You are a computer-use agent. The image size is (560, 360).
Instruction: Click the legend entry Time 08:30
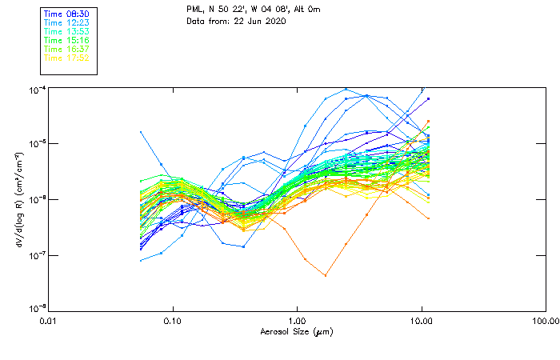point(66,14)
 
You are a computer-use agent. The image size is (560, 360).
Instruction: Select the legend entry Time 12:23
point(66,23)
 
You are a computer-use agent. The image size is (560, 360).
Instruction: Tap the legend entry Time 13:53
point(66,32)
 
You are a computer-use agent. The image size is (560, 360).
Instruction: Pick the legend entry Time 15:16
point(66,40)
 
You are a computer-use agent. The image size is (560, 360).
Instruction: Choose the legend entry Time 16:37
point(66,49)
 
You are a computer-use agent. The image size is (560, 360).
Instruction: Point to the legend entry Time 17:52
point(66,58)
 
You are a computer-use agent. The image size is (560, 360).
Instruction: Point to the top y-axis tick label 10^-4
point(37,90)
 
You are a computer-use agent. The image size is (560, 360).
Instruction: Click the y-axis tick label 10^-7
point(37,255)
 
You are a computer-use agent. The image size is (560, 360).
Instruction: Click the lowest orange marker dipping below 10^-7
point(325,275)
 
